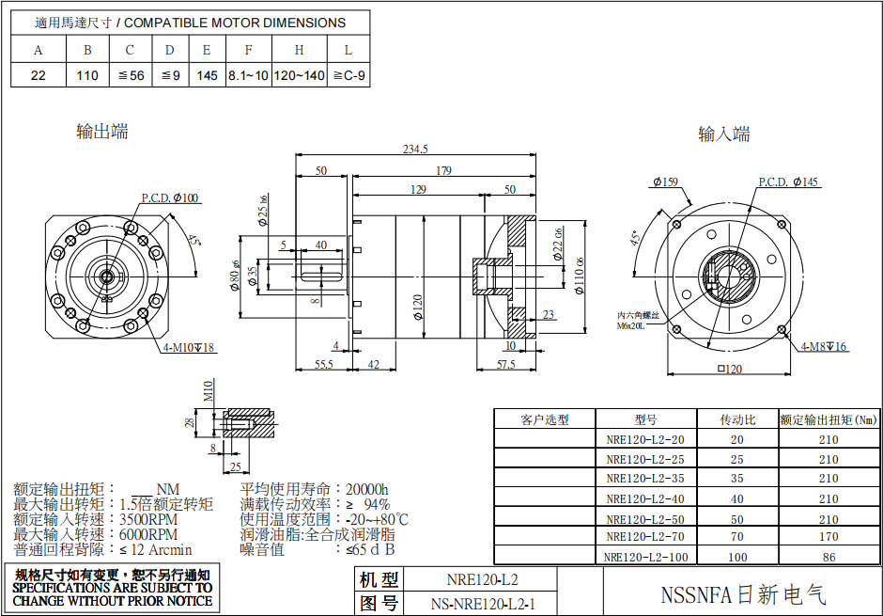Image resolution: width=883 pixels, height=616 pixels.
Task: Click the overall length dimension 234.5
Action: [415, 149]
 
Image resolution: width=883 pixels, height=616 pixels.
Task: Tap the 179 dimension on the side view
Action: [444, 170]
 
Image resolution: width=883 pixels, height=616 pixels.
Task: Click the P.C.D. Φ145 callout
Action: [788, 182]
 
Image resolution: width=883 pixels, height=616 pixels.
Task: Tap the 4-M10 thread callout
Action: [188, 348]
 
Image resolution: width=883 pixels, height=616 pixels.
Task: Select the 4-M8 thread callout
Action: [824, 347]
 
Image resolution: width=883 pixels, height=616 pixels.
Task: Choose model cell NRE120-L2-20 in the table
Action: [644, 439]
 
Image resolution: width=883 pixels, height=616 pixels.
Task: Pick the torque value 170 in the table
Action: [828, 538]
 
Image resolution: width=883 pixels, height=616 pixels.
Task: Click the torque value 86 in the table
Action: [828, 558]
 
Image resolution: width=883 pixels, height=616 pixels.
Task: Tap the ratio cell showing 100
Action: [737, 558]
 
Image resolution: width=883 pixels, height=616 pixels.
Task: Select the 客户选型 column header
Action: [545, 419]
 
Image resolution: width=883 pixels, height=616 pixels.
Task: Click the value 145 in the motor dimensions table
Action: [207, 75]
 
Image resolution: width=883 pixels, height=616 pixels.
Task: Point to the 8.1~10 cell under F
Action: [248, 75]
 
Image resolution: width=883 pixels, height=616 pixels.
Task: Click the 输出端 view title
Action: [101, 132]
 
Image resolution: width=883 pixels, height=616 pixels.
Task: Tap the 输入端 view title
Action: [723, 134]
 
